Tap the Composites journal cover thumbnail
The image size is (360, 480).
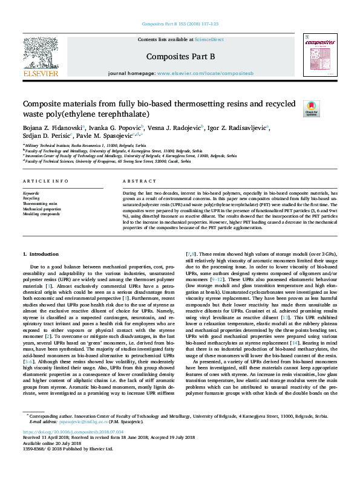pyautogui.click(x=319, y=56)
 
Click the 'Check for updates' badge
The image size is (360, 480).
pyautogui.click(x=310, y=109)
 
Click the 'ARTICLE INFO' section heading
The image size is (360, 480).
pyautogui.click(x=45, y=181)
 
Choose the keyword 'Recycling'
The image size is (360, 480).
pyautogui.click(x=31, y=198)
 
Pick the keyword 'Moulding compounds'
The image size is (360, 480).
pyautogui.click(x=41, y=214)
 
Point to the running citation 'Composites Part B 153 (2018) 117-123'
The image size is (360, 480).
pyautogui.click(x=180, y=24)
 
